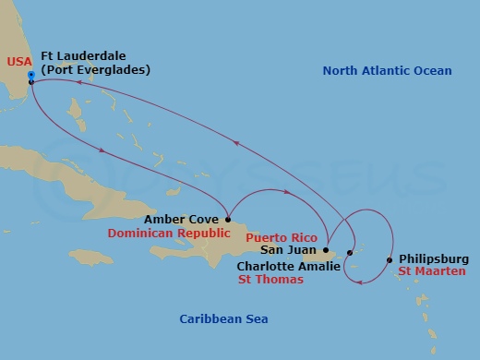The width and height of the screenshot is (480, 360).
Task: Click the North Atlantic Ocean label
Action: point(388,71)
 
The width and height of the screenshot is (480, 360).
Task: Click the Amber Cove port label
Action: point(181,220)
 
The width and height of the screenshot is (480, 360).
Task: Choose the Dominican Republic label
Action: point(162,234)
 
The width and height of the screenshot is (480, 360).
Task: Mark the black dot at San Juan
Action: point(326,248)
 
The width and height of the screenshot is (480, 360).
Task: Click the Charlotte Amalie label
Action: point(287,266)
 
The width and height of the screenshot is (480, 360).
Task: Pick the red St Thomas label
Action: point(270,279)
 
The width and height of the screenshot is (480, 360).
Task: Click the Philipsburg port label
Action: point(434,259)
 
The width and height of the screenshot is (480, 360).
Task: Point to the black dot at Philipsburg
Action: point(390,259)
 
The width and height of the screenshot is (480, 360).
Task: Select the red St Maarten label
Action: point(431,272)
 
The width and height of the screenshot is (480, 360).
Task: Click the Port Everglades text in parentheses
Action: point(95,69)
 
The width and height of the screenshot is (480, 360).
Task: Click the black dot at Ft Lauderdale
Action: point(31,82)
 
